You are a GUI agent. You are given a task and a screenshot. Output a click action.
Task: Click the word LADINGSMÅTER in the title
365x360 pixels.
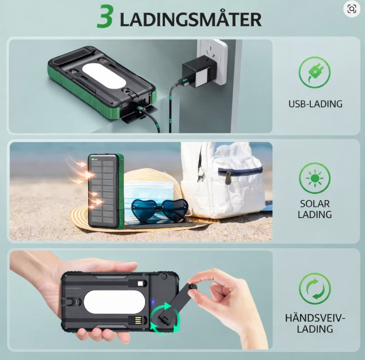click(x=191, y=19)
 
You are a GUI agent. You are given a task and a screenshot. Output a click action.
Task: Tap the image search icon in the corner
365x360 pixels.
click(x=351, y=8)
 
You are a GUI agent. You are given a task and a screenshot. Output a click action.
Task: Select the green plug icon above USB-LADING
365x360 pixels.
click(x=315, y=73)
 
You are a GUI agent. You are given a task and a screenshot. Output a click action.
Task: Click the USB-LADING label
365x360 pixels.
click(x=315, y=104)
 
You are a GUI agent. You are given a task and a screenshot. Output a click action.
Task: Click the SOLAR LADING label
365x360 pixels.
click(x=315, y=209)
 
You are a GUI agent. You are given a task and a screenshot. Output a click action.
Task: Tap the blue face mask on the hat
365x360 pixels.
click(x=148, y=190)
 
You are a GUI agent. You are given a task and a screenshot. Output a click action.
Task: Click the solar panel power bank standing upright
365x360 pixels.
click(x=105, y=190)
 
